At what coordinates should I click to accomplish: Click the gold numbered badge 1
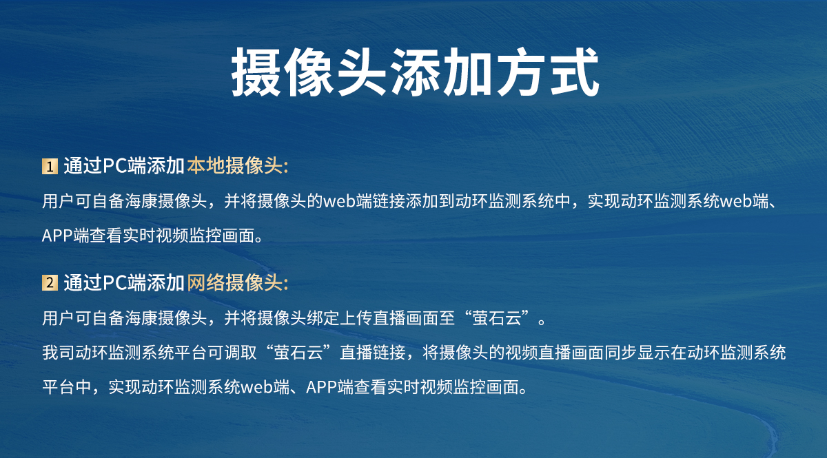(50, 167)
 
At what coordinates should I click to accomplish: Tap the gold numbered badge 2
(50, 283)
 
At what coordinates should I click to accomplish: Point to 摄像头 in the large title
(307, 72)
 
